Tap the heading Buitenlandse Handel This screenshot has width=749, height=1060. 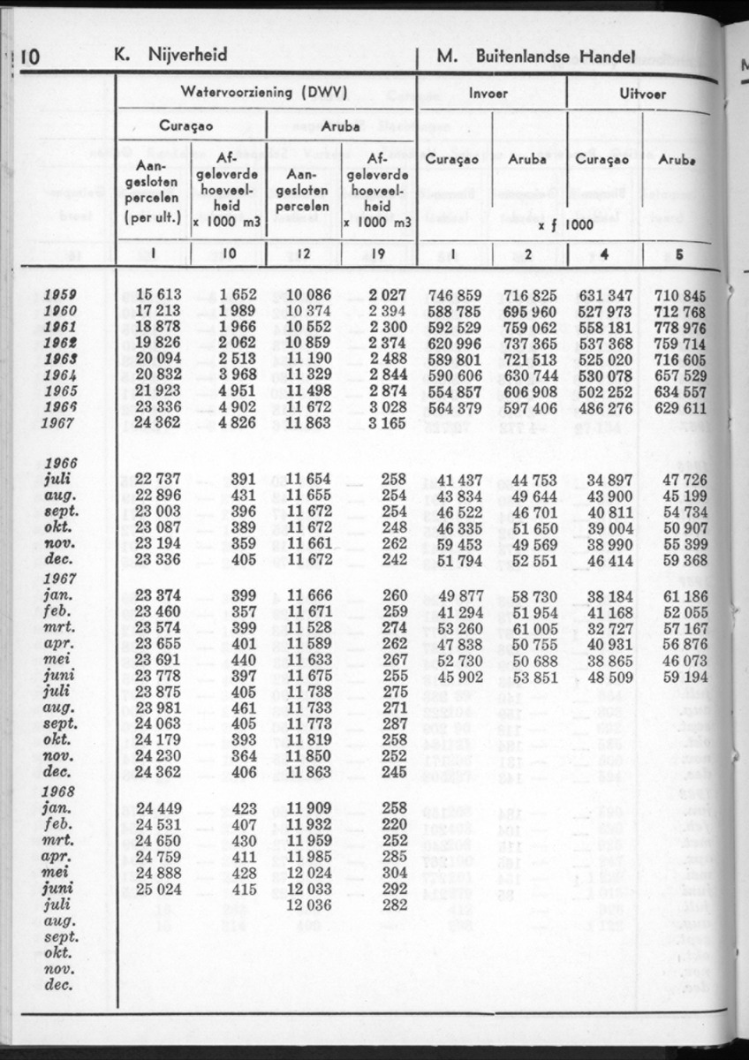(556, 57)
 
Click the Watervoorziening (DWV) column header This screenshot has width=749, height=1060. (263, 92)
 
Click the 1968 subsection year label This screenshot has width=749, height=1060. (59, 791)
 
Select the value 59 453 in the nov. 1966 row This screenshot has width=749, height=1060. (458, 544)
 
